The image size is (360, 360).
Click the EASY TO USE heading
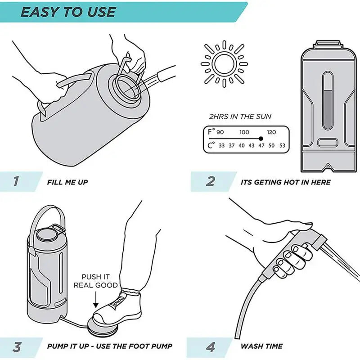click(68, 11)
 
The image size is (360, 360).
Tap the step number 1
click(16, 181)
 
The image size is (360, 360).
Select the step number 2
click(210, 181)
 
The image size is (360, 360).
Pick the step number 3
click(17, 346)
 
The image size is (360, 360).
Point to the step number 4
click(211, 346)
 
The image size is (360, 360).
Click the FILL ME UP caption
click(67, 182)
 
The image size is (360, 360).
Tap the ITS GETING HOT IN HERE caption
click(285, 182)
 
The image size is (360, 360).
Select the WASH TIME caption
click(261, 346)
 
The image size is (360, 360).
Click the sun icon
click(225, 62)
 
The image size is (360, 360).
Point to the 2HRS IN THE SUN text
click(239, 117)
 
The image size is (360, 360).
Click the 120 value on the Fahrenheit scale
click(271, 132)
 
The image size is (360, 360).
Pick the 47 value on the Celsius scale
click(261, 145)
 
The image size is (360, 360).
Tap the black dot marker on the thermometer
click(261, 139)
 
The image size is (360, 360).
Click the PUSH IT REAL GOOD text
click(99, 281)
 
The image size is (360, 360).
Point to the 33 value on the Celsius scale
click(221, 145)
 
